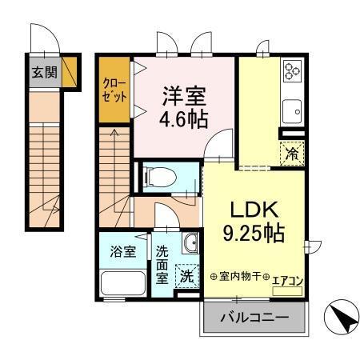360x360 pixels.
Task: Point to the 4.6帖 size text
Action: pos(186,119)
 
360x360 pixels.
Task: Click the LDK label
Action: pos(254,210)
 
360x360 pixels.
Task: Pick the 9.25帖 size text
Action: pos(255,234)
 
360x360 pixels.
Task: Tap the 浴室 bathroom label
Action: pos(122,251)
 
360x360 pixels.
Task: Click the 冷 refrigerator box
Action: pos(292,153)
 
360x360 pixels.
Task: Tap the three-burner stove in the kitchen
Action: pos(292,72)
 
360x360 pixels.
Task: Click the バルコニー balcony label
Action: pos(254,318)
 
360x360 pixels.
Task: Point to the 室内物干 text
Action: pos(239,276)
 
